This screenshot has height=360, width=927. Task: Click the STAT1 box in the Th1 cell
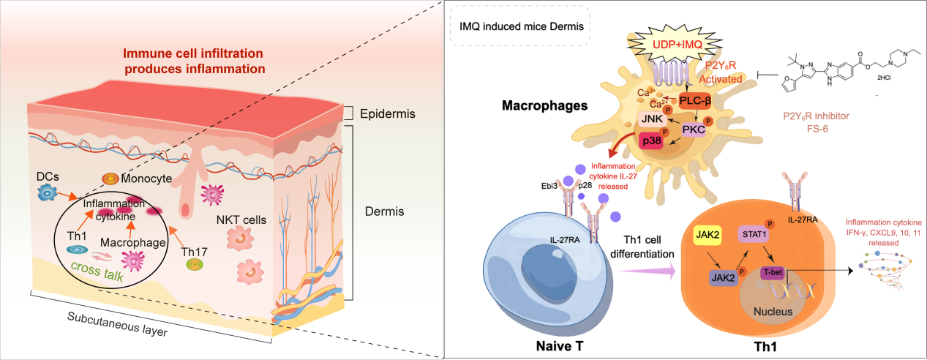tap(754, 235)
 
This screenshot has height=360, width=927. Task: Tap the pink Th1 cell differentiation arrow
tap(645, 270)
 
